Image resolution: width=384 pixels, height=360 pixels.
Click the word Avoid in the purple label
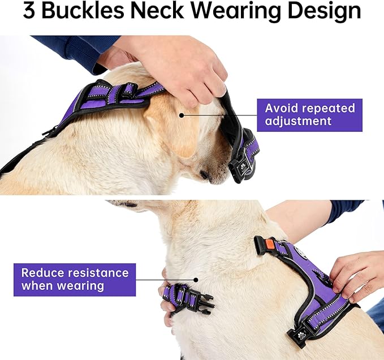pyautogui.click(x=282, y=108)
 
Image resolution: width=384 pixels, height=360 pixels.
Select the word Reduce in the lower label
pyautogui.click(x=42, y=273)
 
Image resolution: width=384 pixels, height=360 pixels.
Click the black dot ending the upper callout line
pyautogui.click(x=182, y=115)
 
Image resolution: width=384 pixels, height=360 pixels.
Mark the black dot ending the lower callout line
pyautogui.click(x=196, y=279)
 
